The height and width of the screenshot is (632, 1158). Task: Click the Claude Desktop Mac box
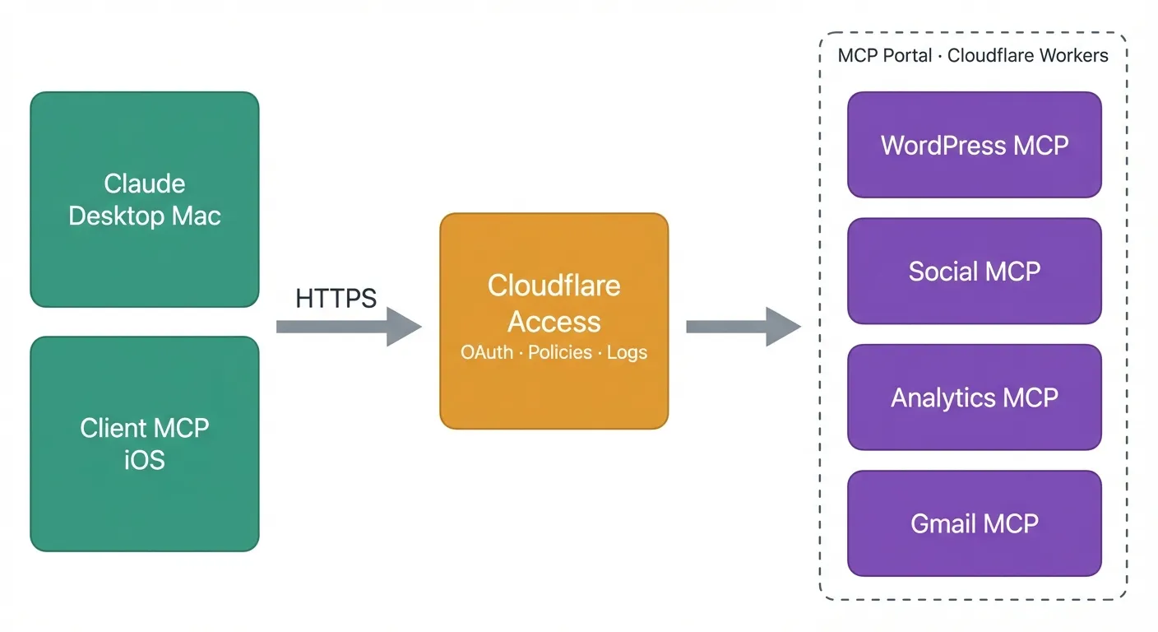click(145, 199)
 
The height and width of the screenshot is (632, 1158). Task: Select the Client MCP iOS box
click(145, 444)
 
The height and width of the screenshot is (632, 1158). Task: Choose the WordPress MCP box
click(975, 145)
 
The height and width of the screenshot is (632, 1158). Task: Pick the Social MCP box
click(975, 271)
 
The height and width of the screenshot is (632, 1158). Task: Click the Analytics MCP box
click(975, 397)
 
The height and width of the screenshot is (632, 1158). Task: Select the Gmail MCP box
click(975, 523)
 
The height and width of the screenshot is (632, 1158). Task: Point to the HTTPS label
click(336, 298)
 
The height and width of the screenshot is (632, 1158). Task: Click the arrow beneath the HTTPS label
click(348, 327)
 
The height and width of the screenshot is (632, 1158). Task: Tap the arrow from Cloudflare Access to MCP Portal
click(743, 327)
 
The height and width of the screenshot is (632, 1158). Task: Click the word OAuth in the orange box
click(487, 353)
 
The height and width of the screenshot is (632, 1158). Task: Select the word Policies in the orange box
click(560, 353)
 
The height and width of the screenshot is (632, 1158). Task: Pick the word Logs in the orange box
click(627, 353)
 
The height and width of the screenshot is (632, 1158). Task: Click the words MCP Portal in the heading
click(885, 56)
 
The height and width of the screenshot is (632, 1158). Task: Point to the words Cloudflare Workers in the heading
click(1028, 56)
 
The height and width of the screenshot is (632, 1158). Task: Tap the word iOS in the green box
click(145, 460)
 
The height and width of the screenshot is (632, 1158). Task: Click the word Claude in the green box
click(145, 183)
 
